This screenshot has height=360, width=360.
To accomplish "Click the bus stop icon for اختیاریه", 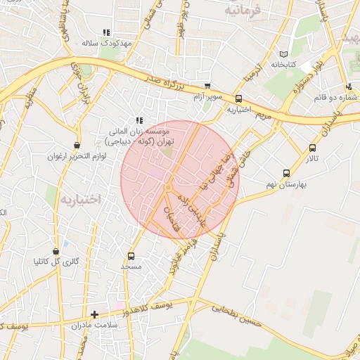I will [x=239, y=99].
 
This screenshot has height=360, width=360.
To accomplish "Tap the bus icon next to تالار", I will [x=312, y=148].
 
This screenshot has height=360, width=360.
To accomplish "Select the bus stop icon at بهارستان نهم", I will [x=285, y=173].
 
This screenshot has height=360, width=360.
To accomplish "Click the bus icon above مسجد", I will [x=131, y=257].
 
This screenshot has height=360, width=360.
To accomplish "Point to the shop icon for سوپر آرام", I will [x=207, y=86].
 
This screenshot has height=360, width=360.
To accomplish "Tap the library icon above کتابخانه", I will [x=284, y=54].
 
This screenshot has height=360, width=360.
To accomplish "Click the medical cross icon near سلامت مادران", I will [x=94, y=314].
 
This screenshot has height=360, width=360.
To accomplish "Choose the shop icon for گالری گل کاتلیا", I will [x=56, y=251].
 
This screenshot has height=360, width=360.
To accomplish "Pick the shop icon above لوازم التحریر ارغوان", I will [x=76, y=145].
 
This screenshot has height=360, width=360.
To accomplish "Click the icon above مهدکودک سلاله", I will [x=106, y=32].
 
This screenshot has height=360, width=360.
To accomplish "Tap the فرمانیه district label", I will [x=244, y=11].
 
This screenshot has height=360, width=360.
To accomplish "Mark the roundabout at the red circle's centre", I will [x=169, y=188].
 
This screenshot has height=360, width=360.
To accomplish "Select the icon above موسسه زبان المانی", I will [x=139, y=120].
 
